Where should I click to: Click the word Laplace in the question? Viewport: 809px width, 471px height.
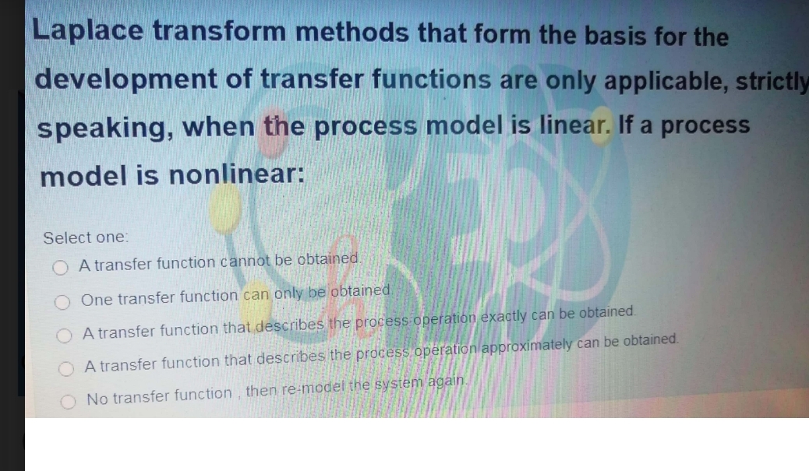pyautogui.click(x=88, y=32)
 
